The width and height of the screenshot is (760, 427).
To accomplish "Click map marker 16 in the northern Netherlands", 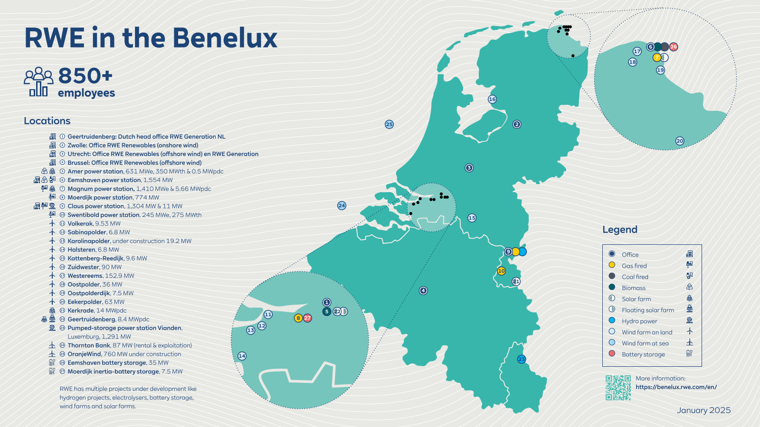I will [492, 99].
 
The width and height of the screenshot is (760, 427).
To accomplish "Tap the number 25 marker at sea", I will [389, 124].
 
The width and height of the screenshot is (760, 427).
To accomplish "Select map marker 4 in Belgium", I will [423, 290].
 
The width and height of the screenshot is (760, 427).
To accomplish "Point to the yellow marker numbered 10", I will [501, 271].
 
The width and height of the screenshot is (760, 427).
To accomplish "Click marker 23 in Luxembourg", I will [522, 359].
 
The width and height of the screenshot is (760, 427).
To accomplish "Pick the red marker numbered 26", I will [674, 46].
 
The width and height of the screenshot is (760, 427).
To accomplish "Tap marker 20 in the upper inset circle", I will [680, 141].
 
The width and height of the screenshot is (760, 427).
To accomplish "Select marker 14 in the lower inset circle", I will [242, 356].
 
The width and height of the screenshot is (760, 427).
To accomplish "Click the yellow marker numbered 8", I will [298, 318].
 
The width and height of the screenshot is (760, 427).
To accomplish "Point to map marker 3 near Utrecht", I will [469, 167].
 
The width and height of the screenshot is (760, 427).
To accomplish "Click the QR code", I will [618, 388].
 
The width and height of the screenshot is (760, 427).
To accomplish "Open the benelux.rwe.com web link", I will [676, 387].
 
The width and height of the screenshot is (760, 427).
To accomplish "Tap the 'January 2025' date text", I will [703, 410].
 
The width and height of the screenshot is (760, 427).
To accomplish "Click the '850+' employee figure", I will [85, 76].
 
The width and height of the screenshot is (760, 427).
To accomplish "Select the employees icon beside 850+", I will [38, 82].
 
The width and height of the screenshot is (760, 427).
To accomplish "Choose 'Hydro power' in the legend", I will [639, 321].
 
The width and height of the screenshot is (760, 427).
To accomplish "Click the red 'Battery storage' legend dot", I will [612, 353].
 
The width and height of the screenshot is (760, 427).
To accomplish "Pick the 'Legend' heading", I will [620, 230].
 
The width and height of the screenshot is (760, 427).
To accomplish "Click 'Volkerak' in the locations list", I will [80, 223].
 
